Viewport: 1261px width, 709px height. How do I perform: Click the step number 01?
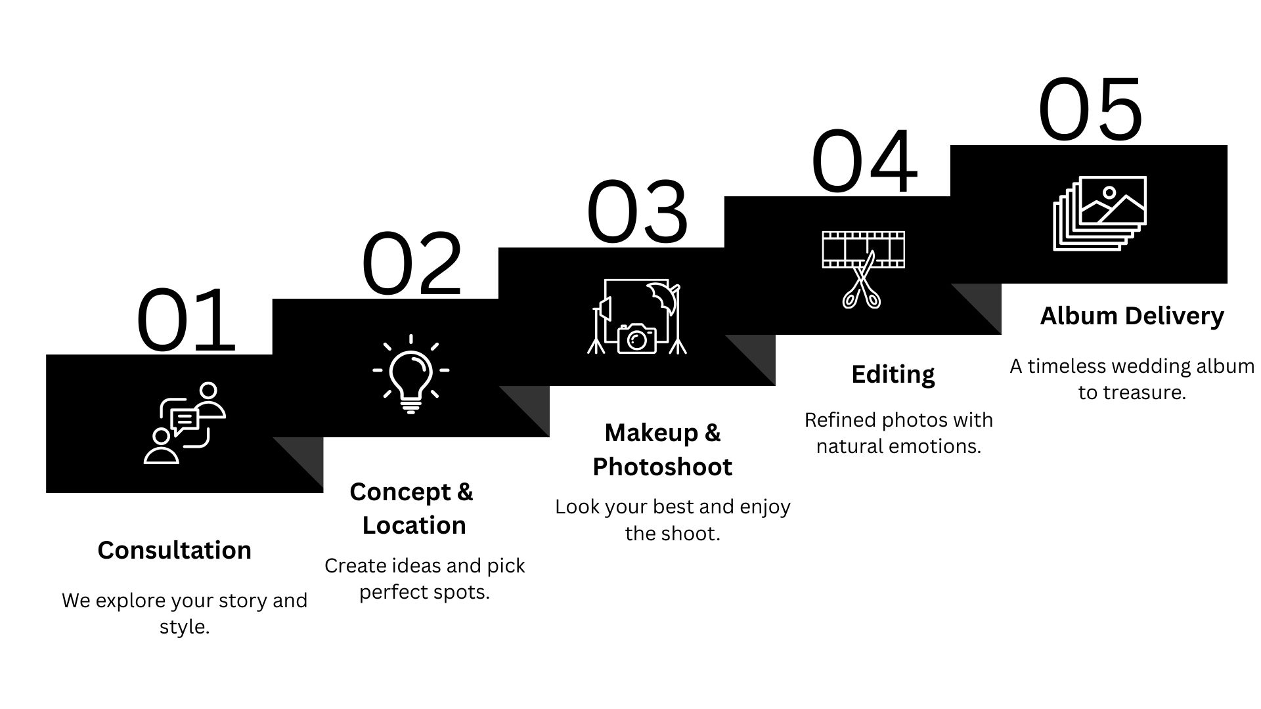(x=186, y=320)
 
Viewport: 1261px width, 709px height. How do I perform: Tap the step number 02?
(x=412, y=264)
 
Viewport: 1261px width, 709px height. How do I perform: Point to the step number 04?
(x=864, y=161)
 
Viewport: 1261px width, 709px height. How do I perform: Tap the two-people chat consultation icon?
(x=185, y=423)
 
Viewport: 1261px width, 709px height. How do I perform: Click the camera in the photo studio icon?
(x=636, y=338)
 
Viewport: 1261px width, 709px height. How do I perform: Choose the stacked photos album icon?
(x=1099, y=213)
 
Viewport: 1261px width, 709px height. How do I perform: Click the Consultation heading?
(x=174, y=550)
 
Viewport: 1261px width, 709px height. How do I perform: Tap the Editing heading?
(x=893, y=374)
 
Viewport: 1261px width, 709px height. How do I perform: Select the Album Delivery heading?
(x=1132, y=316)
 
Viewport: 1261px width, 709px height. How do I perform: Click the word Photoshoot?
(x=662, y=467)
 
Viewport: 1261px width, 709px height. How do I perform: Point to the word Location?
(x=414, y=525)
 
